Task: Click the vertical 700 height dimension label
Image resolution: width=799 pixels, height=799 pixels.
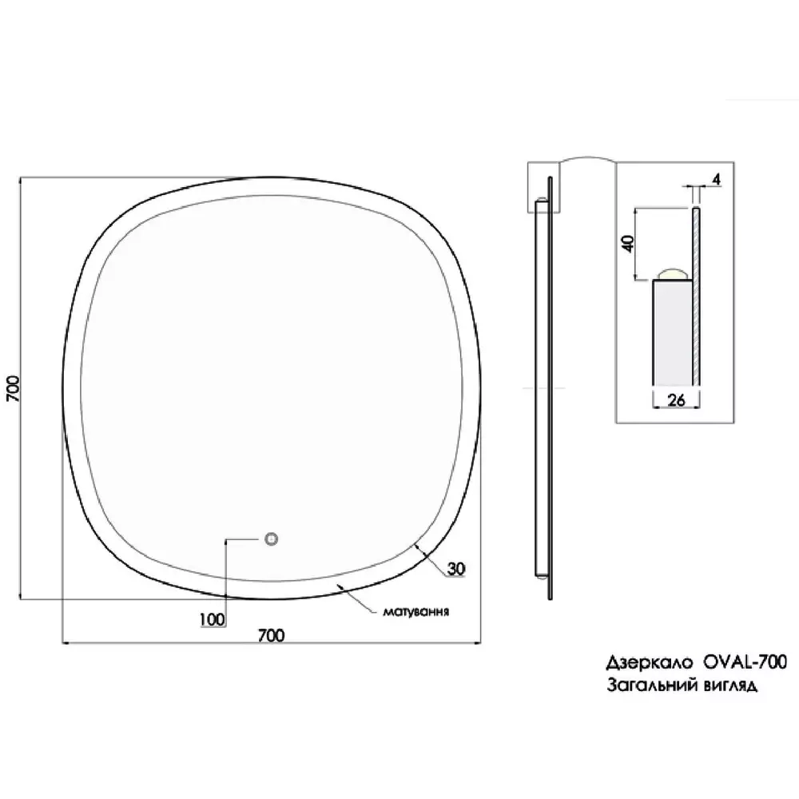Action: point(14,388)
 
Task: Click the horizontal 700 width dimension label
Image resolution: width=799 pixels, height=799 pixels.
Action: point(271,635)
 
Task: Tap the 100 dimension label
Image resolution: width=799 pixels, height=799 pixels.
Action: point(212,620)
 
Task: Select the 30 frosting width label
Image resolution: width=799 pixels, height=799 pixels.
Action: point(456,568)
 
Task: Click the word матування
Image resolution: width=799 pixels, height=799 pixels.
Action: point(415,611)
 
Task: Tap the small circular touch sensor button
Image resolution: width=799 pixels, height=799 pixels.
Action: point(272,539)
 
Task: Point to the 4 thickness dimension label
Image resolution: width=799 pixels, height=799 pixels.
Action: point(717,179)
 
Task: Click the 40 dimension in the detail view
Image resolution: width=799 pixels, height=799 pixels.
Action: point(628,243)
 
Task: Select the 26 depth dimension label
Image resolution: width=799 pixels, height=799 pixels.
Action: point(676,400)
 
